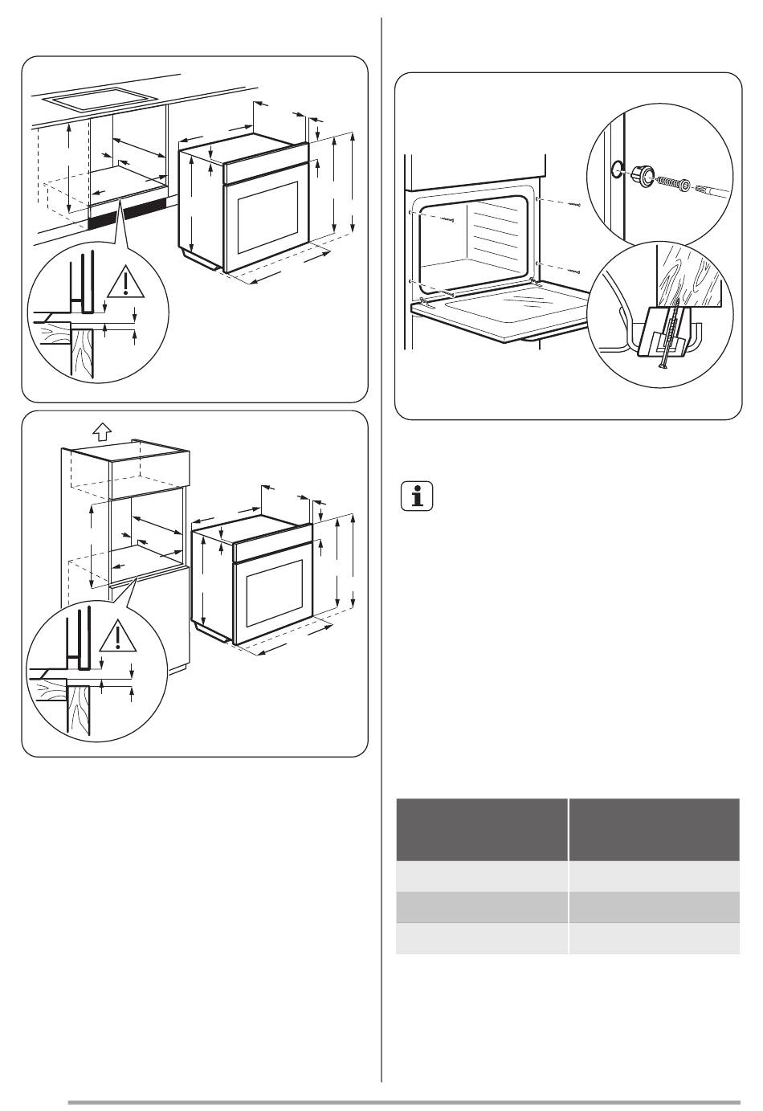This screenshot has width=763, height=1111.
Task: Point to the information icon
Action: coord(416,496)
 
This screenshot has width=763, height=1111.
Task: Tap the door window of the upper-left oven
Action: coord(266,216)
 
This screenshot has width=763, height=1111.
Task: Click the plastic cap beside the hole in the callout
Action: coord(641,174)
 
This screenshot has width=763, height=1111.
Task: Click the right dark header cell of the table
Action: coord(654,830)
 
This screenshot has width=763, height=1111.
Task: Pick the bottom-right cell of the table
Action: coord(654,938)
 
